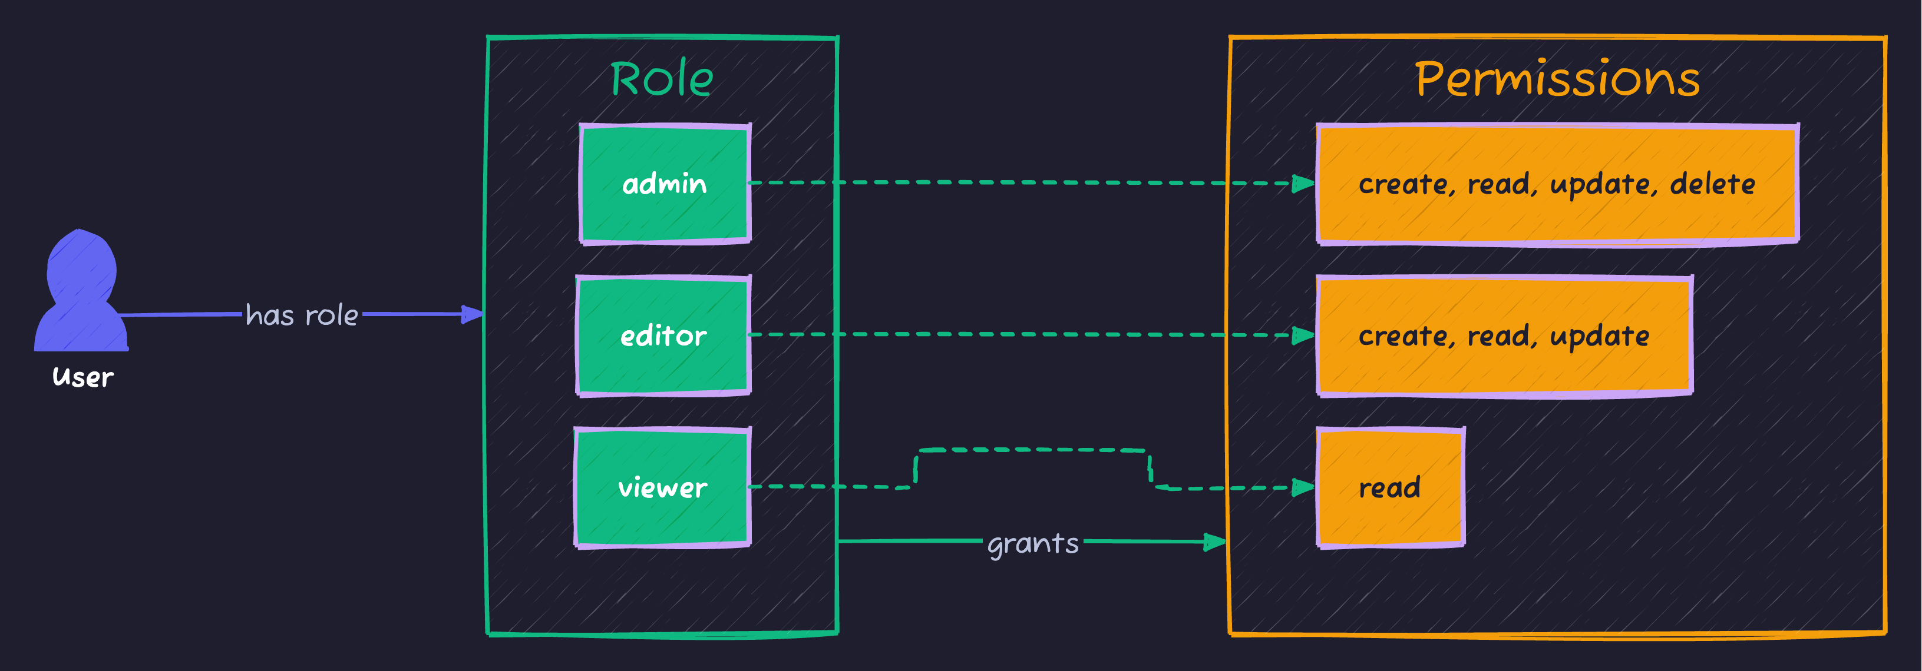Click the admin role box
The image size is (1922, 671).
point(664,184)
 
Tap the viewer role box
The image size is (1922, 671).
point(662,487)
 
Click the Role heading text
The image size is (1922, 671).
point(662,79)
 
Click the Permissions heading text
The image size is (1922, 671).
point(1557,79)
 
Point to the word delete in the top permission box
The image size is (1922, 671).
point(1712,184)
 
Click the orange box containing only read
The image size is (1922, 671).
point(1389,487)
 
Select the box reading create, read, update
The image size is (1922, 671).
point(1504,336)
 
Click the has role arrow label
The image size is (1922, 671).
point(302,315)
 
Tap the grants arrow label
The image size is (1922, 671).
point(1033,543)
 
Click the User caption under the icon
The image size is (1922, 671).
point(83,377)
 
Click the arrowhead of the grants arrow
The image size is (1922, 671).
point(1216,542)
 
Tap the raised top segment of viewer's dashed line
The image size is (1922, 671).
point(1033,450)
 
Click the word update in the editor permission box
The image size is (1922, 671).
point(1599,336)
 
